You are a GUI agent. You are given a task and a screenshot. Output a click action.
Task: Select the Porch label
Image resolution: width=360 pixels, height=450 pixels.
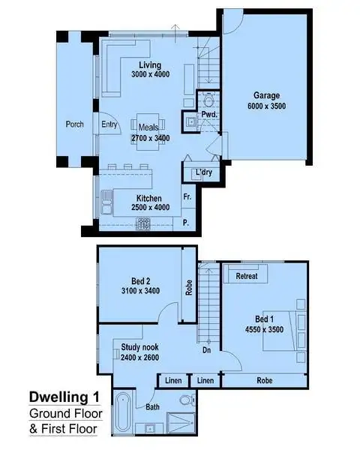tap(75, 124)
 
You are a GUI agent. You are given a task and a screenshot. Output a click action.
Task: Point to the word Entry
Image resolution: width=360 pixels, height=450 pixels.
tap(109, 124)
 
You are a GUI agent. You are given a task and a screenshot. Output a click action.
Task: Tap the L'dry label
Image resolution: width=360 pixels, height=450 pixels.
tap(202, 173)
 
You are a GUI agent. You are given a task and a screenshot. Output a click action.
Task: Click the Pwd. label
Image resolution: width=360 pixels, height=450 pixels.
tap(209, 115)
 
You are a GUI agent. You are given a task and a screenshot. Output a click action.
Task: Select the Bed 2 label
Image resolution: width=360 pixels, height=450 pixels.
tap(136, 284)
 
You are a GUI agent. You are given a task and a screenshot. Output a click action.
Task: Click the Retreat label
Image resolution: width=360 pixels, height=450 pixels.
tap(247, 276)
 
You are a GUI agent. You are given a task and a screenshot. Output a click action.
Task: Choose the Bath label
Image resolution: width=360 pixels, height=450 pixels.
tap(153, 408)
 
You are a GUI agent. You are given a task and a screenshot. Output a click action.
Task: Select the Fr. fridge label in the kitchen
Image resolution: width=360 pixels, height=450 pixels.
tap(186, 196)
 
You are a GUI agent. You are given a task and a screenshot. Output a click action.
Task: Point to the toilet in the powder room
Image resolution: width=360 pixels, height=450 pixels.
tap(209, 100)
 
